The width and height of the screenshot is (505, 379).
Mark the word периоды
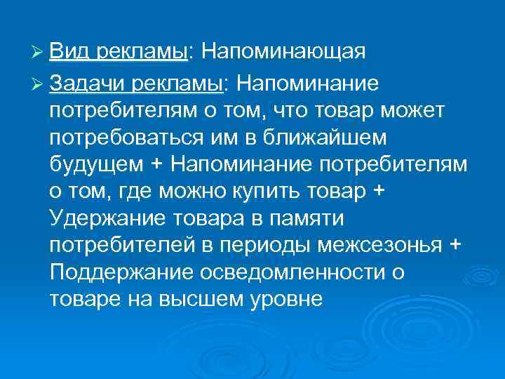[278, 246]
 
